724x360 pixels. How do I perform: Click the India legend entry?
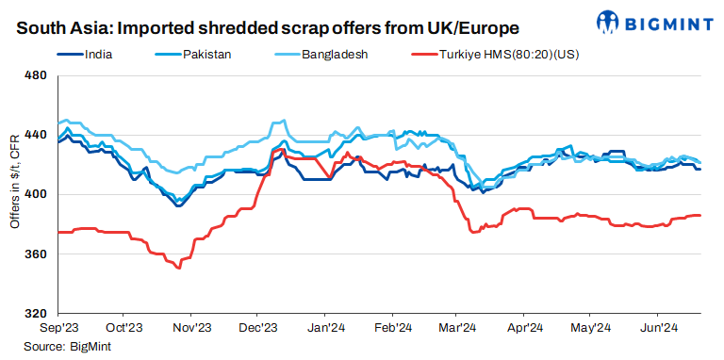(100, 55)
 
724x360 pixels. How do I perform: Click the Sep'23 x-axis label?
(58, 329)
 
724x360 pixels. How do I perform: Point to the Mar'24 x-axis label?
(457, 329)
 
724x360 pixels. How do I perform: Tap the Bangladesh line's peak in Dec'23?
(282, 121)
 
